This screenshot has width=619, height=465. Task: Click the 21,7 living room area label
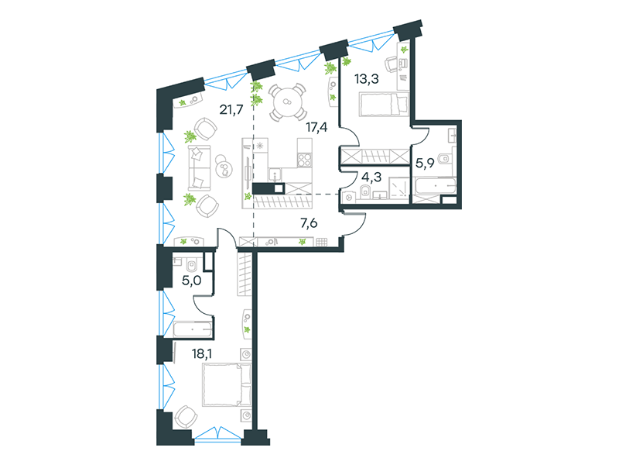(x=231, y=108)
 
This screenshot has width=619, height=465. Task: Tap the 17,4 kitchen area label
(x=316, y=127)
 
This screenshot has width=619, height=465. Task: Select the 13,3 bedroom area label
(x=367, y=79)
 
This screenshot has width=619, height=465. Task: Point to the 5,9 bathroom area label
(x=425, y=163)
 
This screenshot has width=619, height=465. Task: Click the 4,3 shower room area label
(x=371, y=177)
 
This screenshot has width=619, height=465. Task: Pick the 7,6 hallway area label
(x=309, y=223)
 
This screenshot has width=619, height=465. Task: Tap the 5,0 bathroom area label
(x=191, y=281)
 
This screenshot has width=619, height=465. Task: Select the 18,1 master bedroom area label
(x=202, y=353)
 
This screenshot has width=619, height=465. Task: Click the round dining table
(x=287, y=102)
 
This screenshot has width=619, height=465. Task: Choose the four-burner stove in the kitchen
(x=304, y=160)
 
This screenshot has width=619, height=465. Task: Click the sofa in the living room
(x=200, y=168)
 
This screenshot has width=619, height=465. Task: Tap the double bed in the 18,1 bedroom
(x=227, y=385)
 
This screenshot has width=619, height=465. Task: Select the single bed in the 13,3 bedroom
(x=384, y=105)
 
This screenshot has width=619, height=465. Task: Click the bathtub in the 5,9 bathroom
(x=435, y=185)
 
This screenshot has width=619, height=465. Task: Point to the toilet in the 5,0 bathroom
(x=192, y=265)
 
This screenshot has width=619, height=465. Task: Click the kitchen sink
(x=275, y=174)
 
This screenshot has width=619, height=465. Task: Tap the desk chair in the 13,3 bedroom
(x=391, y=65)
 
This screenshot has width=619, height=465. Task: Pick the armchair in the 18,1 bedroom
(x=186, y=417)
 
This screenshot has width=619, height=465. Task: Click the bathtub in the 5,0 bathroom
(x=193, y=329)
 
